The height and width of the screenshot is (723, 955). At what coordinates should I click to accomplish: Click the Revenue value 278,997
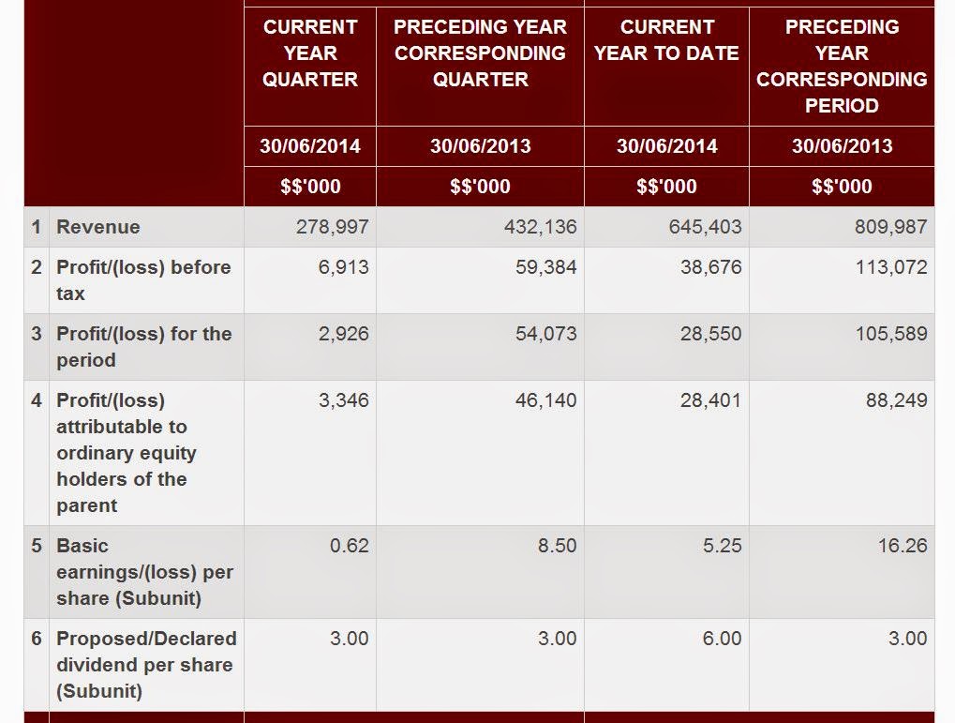click(x=332, y=227)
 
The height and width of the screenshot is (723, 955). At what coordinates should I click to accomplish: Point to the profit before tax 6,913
click(x=344, y=267)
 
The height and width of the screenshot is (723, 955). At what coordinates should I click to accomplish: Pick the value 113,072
click(x=890, y=267)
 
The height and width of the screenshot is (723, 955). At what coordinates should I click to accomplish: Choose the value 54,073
click(x=545, y=334)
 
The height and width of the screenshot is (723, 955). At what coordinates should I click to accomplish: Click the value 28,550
click(x=710, y=334)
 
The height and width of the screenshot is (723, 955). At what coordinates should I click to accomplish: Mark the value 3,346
click(x=344, y=400)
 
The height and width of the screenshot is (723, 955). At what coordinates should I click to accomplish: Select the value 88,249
click(x=896, y=400)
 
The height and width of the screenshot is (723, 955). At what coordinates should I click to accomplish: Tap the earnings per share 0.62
click(x=350, y=546)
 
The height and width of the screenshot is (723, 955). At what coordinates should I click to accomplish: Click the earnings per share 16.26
click(x=903, y=546)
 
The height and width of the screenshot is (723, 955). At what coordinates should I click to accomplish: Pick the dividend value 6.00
click(x=722, y=639)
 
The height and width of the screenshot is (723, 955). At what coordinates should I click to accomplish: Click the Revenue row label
click(x=98, y=227)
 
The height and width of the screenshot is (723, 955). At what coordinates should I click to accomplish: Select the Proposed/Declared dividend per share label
click(x=145, y=665)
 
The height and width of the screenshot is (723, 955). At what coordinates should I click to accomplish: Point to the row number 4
click(x=37, y=400)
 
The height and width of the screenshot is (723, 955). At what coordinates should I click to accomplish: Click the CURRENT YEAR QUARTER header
click(x=310, y=53)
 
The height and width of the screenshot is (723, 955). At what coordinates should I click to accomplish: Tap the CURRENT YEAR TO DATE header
click(x=666, y=40)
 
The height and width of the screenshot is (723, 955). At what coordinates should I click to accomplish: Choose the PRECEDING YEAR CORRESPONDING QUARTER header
click(x=480, y=53)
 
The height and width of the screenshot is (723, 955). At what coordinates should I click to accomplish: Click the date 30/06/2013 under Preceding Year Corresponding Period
click(x=842, y=146)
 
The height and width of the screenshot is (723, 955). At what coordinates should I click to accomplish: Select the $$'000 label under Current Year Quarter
click(x=310, y=187)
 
